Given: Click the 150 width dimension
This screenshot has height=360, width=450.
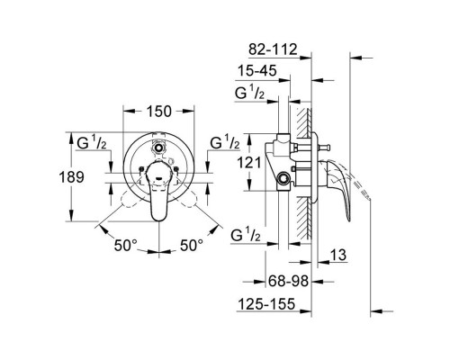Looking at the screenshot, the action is (x=158, y=112).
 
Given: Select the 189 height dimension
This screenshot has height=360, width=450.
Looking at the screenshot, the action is (x=71, y=177).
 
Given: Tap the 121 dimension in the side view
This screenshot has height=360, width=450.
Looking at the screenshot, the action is (x=249, y=163).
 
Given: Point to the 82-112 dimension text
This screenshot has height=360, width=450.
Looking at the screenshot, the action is (x=273, y=49).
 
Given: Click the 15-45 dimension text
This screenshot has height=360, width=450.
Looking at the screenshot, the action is (x=257, y=71).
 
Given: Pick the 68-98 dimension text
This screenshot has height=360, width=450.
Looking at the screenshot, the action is (x=288, y=281).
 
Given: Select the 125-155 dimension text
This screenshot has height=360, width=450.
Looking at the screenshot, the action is (x=266, y=304).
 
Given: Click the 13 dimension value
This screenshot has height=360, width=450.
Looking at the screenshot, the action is (x=338, y=255).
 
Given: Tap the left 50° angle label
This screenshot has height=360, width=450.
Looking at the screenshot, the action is (x=125, y=246).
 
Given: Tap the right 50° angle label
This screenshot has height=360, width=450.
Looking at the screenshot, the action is (x=192, y=246).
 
